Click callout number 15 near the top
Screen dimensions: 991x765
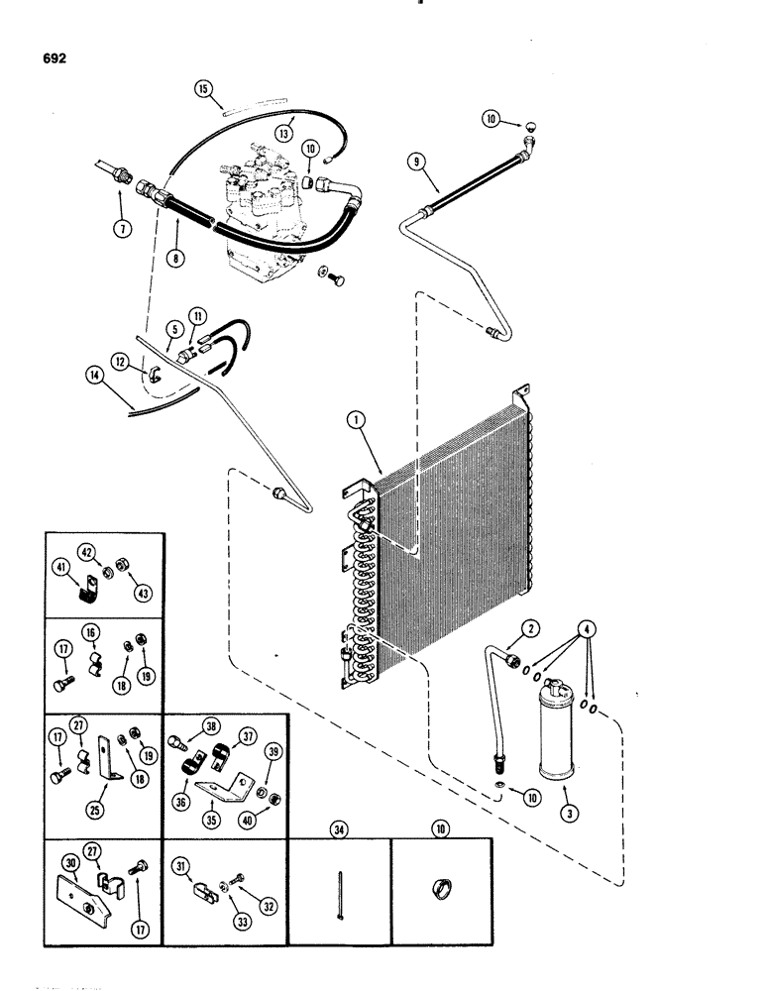click(x=203, y=89)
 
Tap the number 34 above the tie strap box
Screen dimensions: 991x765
click(x=339, y=823)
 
